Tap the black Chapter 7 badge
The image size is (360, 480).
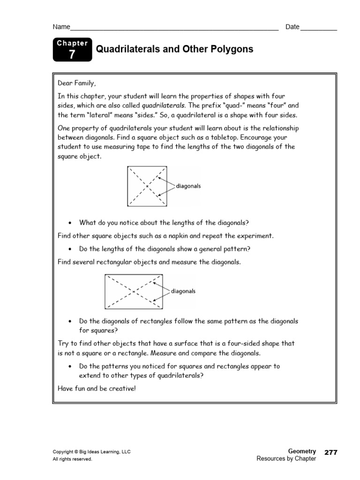[72, 50]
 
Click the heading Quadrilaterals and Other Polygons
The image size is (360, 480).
[174, 49]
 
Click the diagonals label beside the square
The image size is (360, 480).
[188, 186]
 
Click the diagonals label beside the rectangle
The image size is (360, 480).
[183, 291]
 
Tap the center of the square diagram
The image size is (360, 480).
[147, 186]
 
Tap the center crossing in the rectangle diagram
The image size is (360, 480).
[134, 291]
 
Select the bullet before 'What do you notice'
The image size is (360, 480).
[69, 223]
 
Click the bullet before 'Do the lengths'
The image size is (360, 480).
[69, 249]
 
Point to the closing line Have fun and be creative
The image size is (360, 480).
[96, 389]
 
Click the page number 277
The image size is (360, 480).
[330, 452]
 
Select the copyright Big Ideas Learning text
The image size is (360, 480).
[91, 452]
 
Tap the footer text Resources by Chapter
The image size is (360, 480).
[286, 459]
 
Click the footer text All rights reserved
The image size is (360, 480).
[72, 459]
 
